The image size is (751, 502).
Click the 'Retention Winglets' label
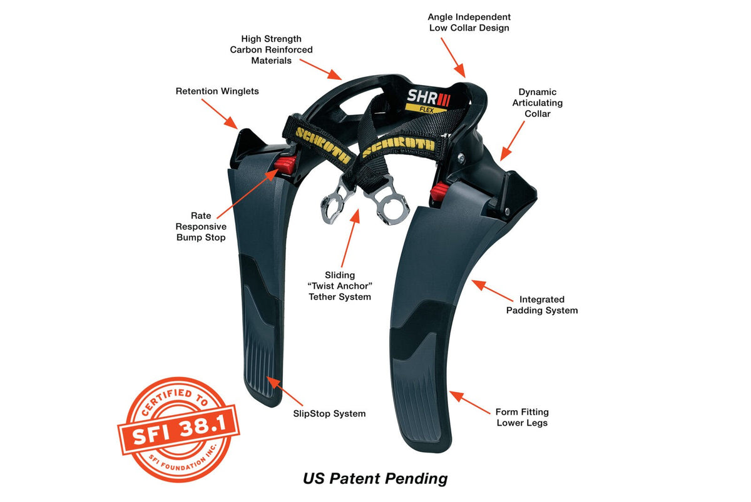[217, 91]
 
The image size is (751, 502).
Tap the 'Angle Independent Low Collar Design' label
[469, 23]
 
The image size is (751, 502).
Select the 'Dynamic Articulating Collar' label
[538, 103]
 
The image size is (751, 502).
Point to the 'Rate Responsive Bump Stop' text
[201, 226]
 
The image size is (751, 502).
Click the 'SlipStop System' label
[329, 414]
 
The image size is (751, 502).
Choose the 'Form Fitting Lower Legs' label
[522, 417]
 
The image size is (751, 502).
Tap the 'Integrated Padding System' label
[542, 304]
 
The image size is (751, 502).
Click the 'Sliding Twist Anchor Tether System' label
[340, 286]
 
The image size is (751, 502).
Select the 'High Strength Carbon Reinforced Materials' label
[271, 49]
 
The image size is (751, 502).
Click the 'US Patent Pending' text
[375, 479]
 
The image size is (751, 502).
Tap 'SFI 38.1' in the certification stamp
[180, 429]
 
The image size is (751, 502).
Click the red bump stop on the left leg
[285, 164]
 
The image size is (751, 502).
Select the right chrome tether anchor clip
[389, 203]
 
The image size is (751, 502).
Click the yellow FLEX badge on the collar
[426, 109]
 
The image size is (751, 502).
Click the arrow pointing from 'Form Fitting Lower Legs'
[469, 403]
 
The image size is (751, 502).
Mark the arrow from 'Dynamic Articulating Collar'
[513, 141]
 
